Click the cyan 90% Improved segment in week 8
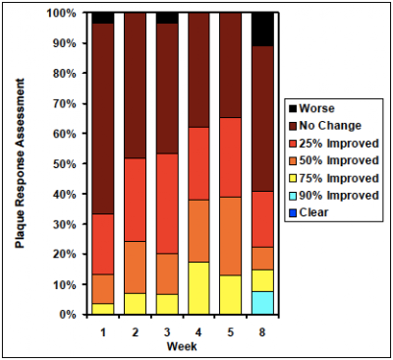[x=262, y=303]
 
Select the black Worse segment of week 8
[x=262, y=30]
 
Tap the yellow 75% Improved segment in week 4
[x=198, y=288]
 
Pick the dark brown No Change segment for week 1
[x=103, y=119]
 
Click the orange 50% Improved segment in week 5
[x=230, y=236]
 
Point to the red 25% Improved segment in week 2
[x=135, y=200]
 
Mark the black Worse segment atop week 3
[x=167, y=19]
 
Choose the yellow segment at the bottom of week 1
[x=103, y=309]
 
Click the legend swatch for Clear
[x=293, y=212]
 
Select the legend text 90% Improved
[x=339, y=196]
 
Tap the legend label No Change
[x=330, y=126]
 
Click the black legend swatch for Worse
[x=293, y=108]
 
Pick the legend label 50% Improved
[x=339, y=160]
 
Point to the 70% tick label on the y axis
[x=65, y=104]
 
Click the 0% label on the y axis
[x=68, y=315]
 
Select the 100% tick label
[x=62, y=14]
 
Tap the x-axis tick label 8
[x=262, y=332]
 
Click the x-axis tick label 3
[x=167, y=332]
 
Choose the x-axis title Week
[x=182, y=346]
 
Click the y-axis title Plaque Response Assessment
[x=20, y=163]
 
